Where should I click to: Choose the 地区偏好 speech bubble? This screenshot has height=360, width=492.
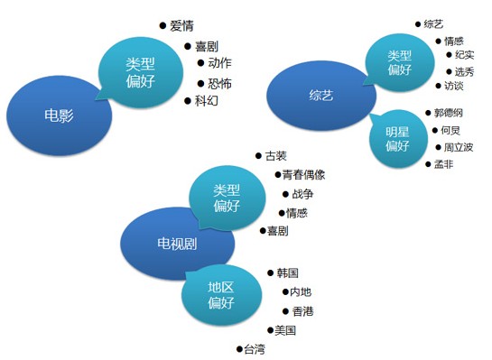click(221, 295)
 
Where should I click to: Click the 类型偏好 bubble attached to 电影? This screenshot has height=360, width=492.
click(141, 69)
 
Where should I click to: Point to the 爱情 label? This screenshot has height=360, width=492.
click(181, 26)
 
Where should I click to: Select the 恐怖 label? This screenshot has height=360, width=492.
click(219, 84)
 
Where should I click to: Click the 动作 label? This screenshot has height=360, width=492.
click(219, 63)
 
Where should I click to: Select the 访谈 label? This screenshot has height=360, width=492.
click(453, 87)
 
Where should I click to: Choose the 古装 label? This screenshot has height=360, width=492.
click(277, 155)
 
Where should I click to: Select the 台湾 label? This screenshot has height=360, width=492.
click(255, 349)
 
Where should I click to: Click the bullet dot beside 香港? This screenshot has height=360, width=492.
click(284, 311)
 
